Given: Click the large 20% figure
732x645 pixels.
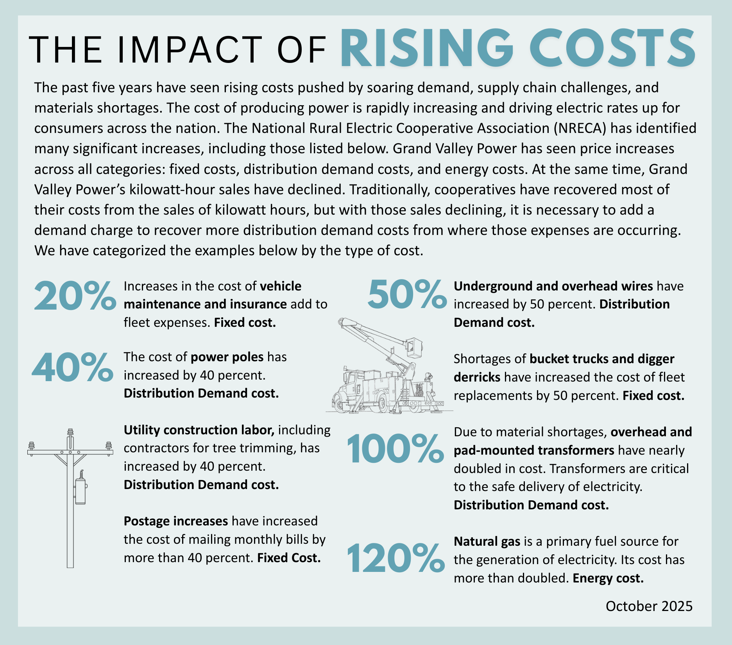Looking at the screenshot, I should (75, 296).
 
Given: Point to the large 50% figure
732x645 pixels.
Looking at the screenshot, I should (407, 294).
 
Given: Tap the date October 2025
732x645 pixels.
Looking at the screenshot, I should (649, 606).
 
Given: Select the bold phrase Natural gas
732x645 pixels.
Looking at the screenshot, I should (487, 541).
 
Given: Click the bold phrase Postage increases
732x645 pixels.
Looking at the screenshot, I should (176, 521).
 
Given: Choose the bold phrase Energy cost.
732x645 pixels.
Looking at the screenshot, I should (608, 578).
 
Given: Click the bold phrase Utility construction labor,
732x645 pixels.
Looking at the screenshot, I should (199, 430).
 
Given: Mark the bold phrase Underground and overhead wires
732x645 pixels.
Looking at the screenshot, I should (553, 286).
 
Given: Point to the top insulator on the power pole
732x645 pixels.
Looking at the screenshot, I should (70, 432).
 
